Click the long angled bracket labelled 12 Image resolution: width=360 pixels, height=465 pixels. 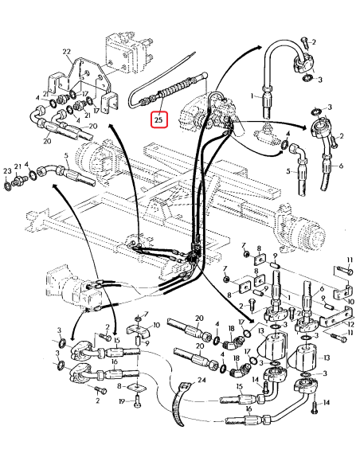327,318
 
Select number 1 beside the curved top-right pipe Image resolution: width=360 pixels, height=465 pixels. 253,96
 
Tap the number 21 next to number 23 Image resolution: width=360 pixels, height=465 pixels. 18,168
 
